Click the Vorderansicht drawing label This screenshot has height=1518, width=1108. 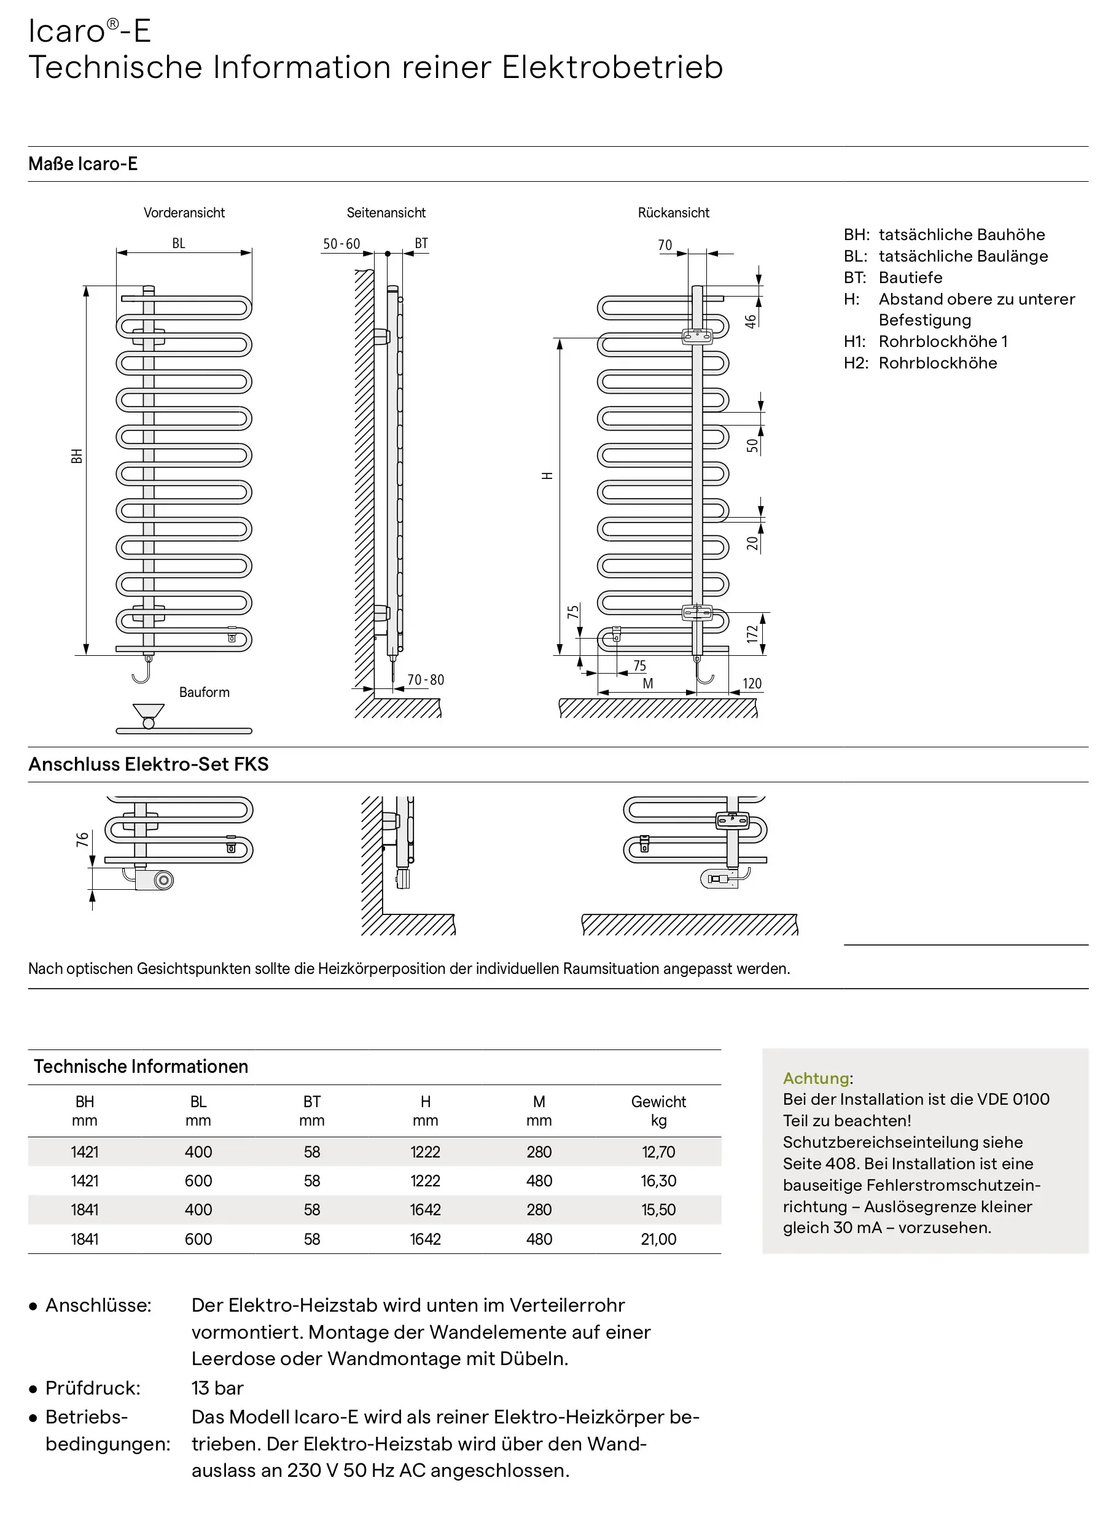tap(184, 212)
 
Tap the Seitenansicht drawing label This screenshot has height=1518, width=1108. tap(386, 212)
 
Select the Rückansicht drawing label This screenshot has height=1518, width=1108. tap(673, 212)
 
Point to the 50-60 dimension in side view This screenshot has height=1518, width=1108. tap(341, 243)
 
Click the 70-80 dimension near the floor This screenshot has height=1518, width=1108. tap(426, 679)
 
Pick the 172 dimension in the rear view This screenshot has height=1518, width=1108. tap(752, 634)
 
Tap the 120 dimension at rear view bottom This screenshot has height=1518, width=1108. tap(752, 683)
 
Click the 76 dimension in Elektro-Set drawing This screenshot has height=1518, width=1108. tap(82, 839)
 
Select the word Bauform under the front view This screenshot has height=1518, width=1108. tap(204, 692)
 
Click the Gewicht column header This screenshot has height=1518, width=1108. tap(658, 1102)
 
